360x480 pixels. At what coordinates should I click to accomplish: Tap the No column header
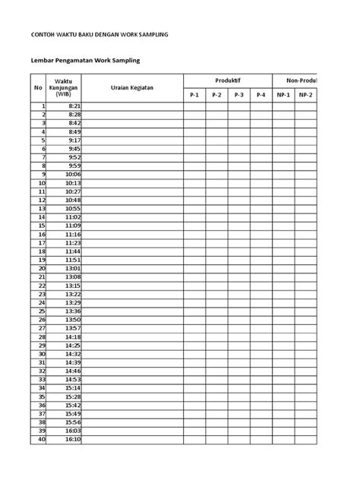[x=37, y=87]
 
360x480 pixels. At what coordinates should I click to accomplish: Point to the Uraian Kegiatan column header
[x=132, y=87]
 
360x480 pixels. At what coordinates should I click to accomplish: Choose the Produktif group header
[x=227, y=81]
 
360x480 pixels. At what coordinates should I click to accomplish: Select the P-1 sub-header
[x=194, y=95]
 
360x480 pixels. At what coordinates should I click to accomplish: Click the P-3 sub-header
[x=238, y=95]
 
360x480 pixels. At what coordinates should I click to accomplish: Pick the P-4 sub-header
[x=261, y=95]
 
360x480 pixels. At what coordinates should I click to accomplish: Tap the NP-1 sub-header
[x=283, y=95]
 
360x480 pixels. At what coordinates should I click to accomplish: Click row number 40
[x=41, y=439]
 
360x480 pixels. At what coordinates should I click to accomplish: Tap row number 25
[x=41, y=311]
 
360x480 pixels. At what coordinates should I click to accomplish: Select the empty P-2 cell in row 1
[x=216, y=106]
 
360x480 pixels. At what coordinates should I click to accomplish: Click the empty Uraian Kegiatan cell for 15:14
[x=132, y=387]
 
